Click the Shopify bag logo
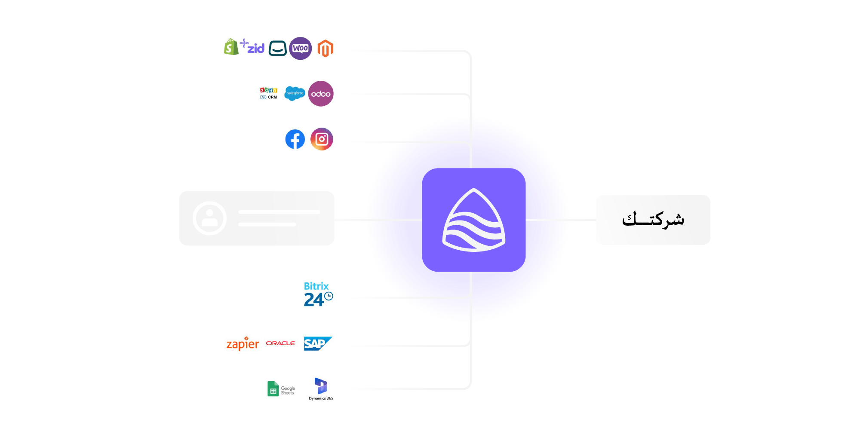pos(231,47)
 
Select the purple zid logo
pos(253,46)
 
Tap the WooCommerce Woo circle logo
pos(300,48)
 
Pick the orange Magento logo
pos(325,48)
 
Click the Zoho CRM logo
pos(269,93)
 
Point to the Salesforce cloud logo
pos(295,93)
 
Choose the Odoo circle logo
pos(321,94)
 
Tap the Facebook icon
pos(295,139)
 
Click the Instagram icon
pos(322,139)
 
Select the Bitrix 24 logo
pos(318,294)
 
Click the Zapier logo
pos(243,344)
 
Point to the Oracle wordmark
pos(280,343)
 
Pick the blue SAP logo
pos(318,343)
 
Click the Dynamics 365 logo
pos(321,389)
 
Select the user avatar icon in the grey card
pos(209,218)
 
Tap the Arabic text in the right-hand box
pos(653,220)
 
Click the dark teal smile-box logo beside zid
pos(278,48)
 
